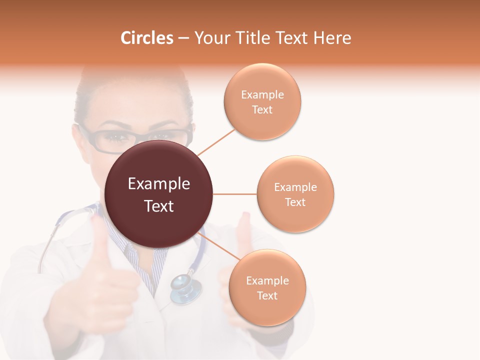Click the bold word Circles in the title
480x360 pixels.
tap(146, 38)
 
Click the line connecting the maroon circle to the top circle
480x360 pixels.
tap(216, 142)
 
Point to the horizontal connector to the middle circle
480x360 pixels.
tap(234, 194)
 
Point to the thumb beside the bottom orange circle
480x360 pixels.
tap(243, 235)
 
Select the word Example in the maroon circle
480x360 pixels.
tap(158, 184)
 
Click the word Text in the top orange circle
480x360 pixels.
tap(262, 109)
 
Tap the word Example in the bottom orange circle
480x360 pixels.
tap(267, 280)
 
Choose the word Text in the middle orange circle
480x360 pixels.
tap(295, 202)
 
